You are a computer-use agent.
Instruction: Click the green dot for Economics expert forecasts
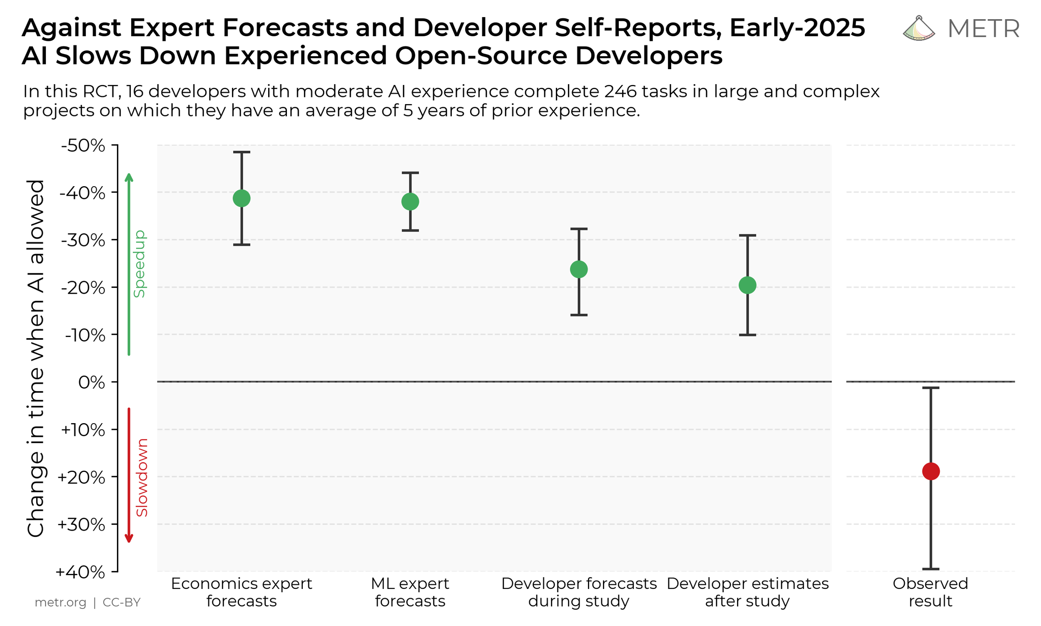point(242,198)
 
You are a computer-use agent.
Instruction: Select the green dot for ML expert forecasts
point(410,202)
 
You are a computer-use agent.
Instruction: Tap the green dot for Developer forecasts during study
point(579,269)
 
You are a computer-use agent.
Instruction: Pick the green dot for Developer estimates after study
point(747,285)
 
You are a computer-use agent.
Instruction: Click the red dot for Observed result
point(931,471)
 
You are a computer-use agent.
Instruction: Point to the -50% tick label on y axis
point(83,146)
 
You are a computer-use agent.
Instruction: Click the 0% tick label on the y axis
point(92,383)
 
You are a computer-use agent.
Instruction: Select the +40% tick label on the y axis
point(80,572)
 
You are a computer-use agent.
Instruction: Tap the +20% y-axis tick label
point(81,477)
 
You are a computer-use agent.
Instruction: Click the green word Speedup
point(139,264)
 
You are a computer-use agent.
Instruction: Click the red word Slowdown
point(142,477)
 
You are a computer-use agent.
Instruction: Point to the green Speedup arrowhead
point(129,177)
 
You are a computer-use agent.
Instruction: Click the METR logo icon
point(919,29)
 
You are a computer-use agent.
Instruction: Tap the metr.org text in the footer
point(60,602)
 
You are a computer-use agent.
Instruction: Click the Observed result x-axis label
point(931,592)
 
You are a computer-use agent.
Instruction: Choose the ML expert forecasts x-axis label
point(410,592)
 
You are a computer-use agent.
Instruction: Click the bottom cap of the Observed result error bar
point(931,569)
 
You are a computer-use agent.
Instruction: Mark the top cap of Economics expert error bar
point(242,152)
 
